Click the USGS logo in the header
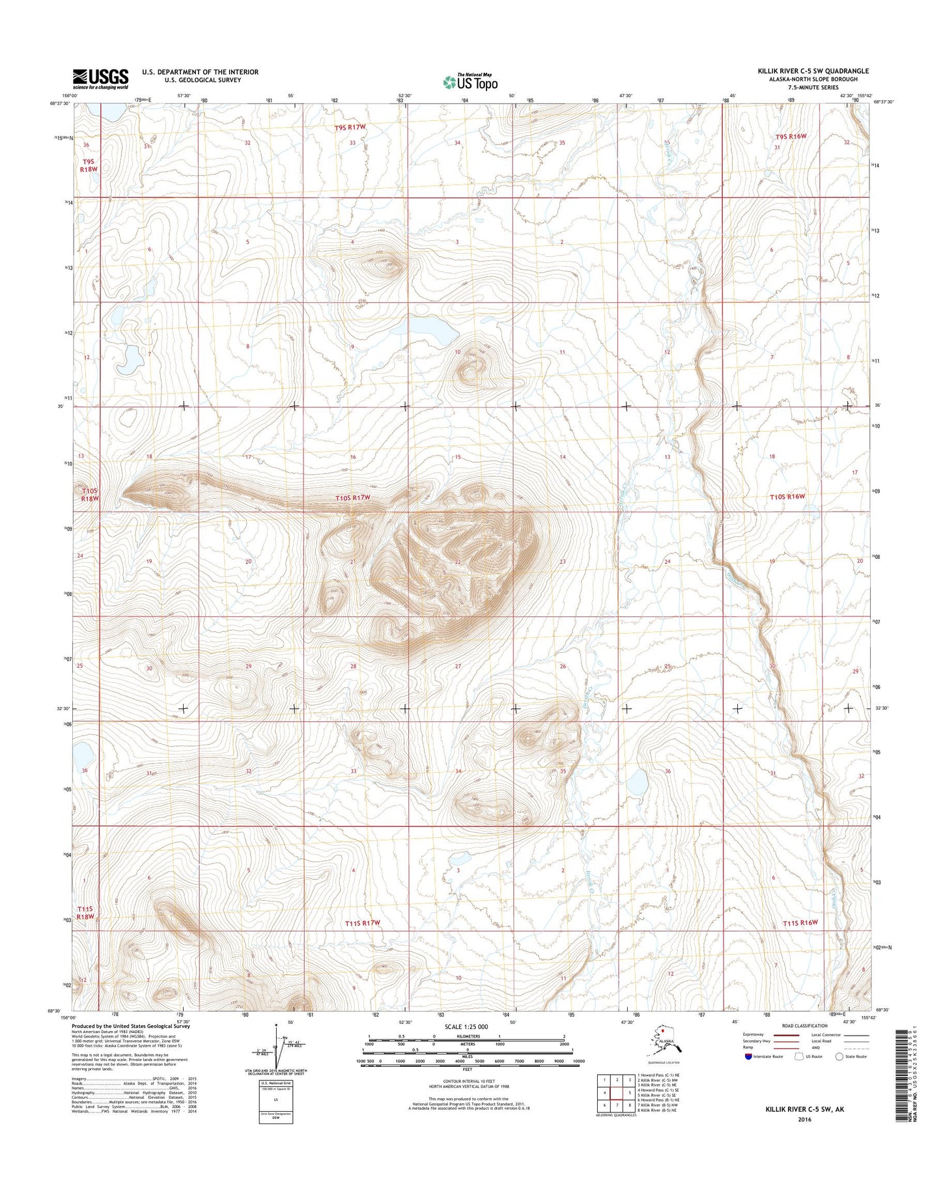tap(100, 79)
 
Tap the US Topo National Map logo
tap(470, 81)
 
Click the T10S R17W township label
tap(352, 498)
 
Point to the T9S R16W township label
tap(791, 136)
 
